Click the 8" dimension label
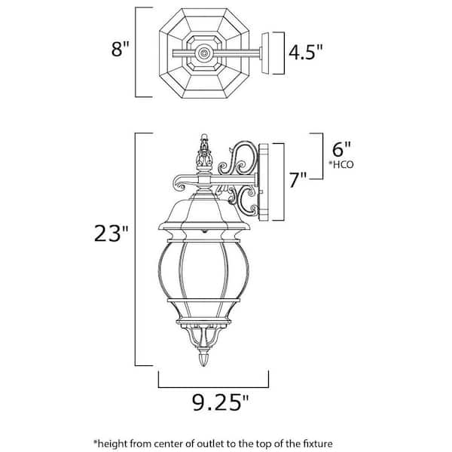(x=120, y=49)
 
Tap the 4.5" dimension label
(x=306, y=52)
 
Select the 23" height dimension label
(x=111, y=234)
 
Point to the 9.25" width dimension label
(x=220, y=402)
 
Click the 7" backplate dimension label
(x=298, y=179)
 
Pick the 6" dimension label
(x=341, y=149)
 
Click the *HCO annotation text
(x=341, y=164)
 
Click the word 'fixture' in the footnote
(x=318, y=444)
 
